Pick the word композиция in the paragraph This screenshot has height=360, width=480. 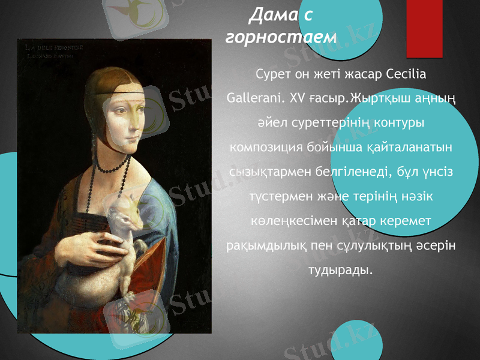(x=265, y=147)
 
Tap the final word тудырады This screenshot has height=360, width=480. (x=340, y=270)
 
